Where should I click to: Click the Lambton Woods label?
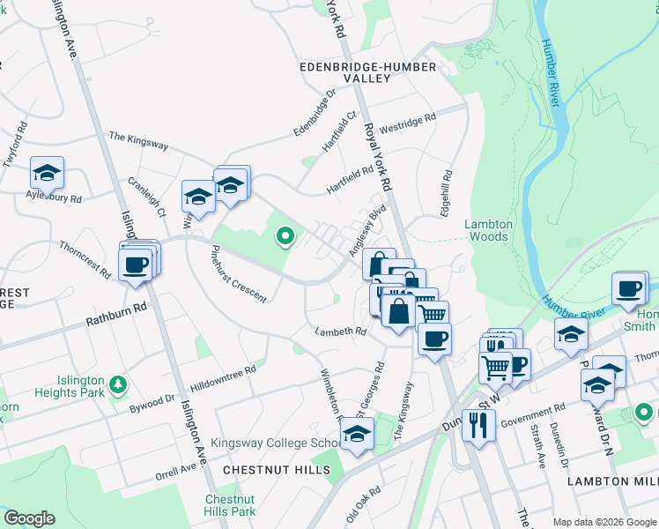(487, 230)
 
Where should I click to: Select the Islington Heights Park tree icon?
(117, 384)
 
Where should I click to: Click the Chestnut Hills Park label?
(229, 505)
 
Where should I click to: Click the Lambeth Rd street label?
(341, 332)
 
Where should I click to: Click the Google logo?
(29, 518)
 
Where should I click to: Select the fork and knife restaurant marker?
(478, 425)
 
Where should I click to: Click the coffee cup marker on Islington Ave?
(136, 264)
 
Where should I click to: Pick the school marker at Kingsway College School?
(357, 435)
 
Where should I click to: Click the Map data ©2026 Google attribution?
(603, 521)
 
